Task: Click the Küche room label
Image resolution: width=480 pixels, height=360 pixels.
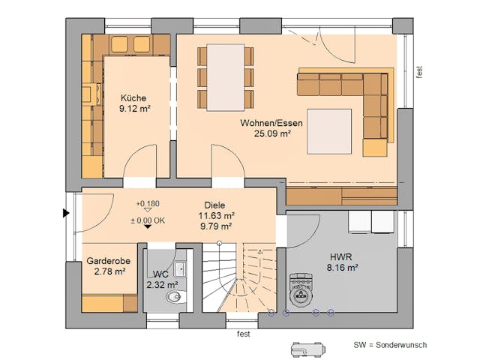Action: click(x=133, y=97)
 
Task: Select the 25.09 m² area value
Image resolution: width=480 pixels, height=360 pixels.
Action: click(x=265, y=133)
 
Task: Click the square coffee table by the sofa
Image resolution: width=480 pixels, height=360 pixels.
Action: click(x=328, y=130)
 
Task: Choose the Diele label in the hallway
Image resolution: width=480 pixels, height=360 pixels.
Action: click(x=214, y=204)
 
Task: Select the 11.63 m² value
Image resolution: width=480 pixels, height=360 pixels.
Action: click(x=214, y=215)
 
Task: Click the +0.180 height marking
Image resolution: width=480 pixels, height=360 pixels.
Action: click(x=148, y=204)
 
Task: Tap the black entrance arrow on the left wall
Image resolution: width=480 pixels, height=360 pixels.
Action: click(x=66, y=214)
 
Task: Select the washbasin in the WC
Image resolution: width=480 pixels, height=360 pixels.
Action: click(x=181, y=269)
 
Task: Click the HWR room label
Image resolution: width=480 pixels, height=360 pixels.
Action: click(x=340, y=255)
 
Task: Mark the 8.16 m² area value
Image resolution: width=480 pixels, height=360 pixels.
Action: click(x=340, y=265)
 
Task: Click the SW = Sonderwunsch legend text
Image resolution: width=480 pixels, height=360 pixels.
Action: click(x=390, y=345)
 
